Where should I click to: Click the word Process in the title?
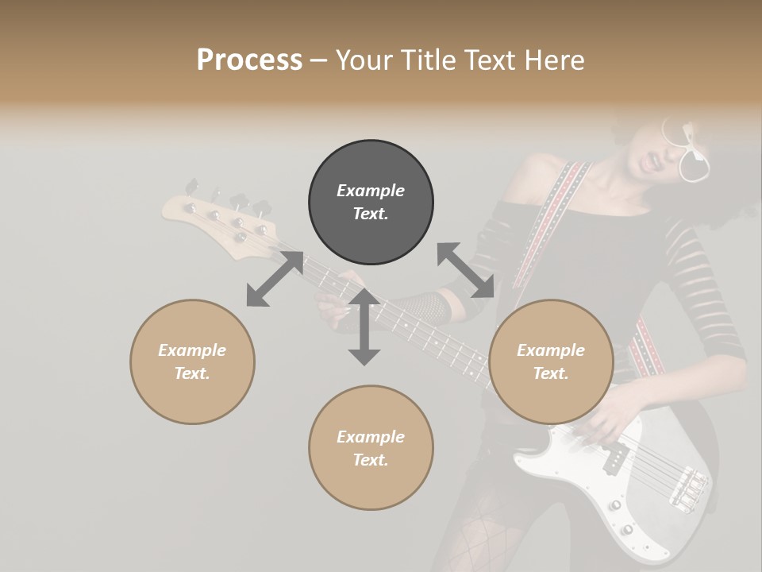pos(249,60)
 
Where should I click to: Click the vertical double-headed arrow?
pos(364,327)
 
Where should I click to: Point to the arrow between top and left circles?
pos(275,279)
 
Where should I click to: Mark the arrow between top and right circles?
pos(466,271)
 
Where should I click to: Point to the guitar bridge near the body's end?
pos(687,485)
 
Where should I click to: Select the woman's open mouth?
pos(656,162)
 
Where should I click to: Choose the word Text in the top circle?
pos(370,214)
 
